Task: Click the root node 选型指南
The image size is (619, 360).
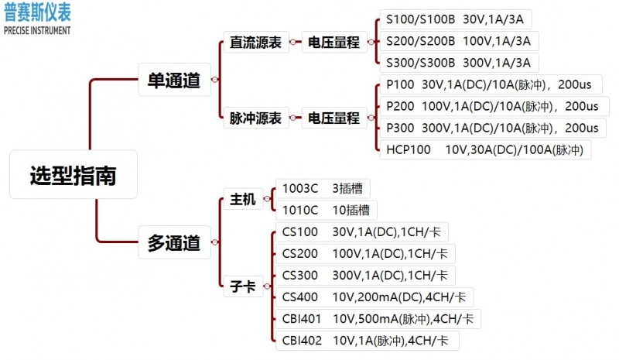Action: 74,176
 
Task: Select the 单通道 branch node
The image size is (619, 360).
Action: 174,81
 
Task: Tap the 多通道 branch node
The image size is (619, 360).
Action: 174,243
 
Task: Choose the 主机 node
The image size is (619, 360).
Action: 243,200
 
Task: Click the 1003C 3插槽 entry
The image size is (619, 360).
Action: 322,188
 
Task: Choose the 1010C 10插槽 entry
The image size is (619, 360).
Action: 325,210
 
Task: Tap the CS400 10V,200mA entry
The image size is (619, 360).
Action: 374,297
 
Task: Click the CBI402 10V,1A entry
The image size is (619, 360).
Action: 370,340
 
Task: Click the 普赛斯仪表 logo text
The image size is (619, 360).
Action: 36,13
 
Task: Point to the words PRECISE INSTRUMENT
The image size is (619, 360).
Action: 36,31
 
